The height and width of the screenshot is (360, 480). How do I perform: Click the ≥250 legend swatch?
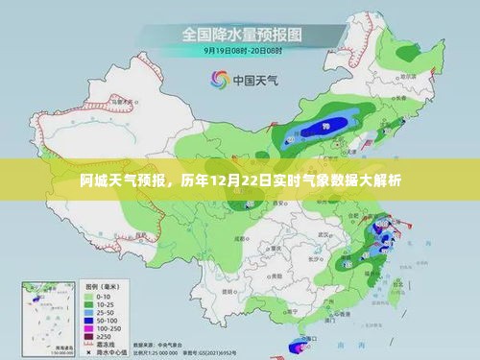[89, 336]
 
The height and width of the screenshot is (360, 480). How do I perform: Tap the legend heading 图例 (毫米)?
[101, 285]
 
